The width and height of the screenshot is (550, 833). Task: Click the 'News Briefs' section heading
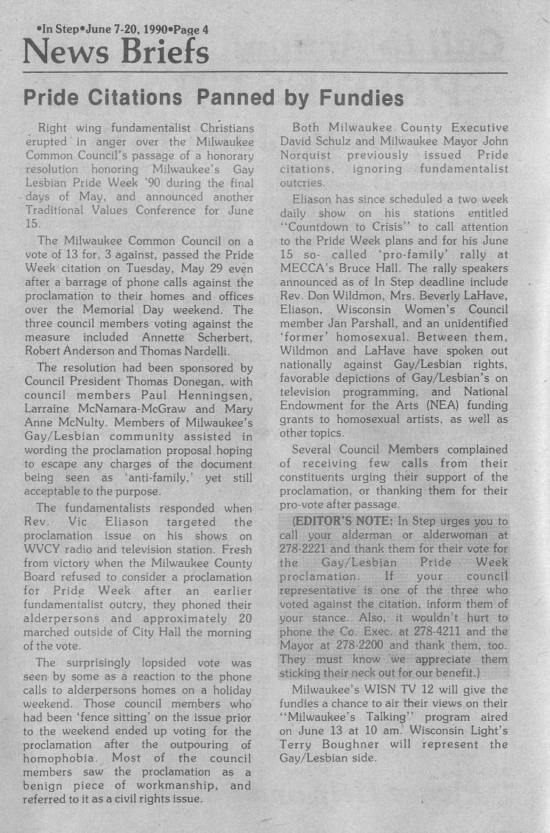[116, 51]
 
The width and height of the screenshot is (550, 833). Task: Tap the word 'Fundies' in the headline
[359, 98]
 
